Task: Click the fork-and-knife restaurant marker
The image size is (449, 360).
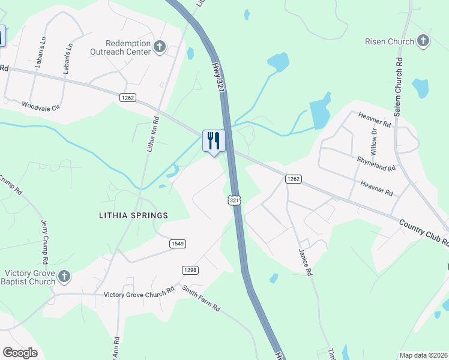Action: tap(214, 142)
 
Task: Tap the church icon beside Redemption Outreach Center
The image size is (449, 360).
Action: tap(160, 47)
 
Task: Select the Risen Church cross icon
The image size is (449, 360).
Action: tap(423, 41)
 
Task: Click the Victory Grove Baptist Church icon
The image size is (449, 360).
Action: tap(64, 276)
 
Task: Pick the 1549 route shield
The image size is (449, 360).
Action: tap(177, 243)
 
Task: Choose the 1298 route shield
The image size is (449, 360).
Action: tap(190, 270)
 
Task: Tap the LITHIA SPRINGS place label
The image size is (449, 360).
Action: tap(134, 215)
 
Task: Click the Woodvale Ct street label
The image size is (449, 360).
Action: tap(41, 106)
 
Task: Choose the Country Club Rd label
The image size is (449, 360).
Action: tap(424, 232)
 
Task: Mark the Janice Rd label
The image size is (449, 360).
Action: tap(305, 263)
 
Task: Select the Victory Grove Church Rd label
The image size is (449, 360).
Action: tap(139, 294)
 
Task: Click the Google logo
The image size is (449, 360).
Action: tap(20, 353)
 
